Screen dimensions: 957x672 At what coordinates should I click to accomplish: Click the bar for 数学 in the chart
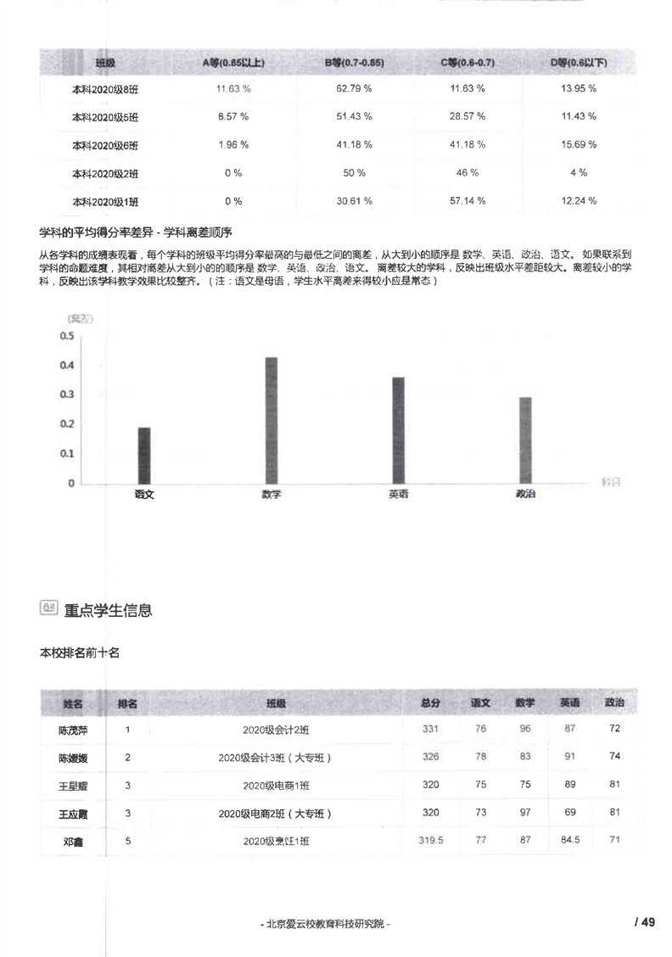click(272, 420)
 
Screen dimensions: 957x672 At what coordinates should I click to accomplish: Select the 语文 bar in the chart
click(144, 456)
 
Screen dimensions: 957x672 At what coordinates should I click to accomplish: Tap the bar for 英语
click(398, 430)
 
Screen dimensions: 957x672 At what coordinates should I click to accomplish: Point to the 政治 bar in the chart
click(525, 440)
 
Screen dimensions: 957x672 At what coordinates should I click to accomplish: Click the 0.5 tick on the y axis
click(67, 336)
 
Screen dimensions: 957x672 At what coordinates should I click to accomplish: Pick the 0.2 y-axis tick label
click(67, 424)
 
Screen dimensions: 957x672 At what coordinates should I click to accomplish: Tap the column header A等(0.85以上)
click(233, 64)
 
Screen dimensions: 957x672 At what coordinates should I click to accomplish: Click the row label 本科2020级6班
click(105, 145)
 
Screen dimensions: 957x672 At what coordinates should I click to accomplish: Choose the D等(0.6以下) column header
click(580, 64)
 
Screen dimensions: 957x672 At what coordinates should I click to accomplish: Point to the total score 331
click(430, 729)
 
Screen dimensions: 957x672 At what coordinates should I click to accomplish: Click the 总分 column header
click(430, 703)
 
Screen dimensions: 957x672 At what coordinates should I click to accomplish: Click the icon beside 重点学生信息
click(48, 607)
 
